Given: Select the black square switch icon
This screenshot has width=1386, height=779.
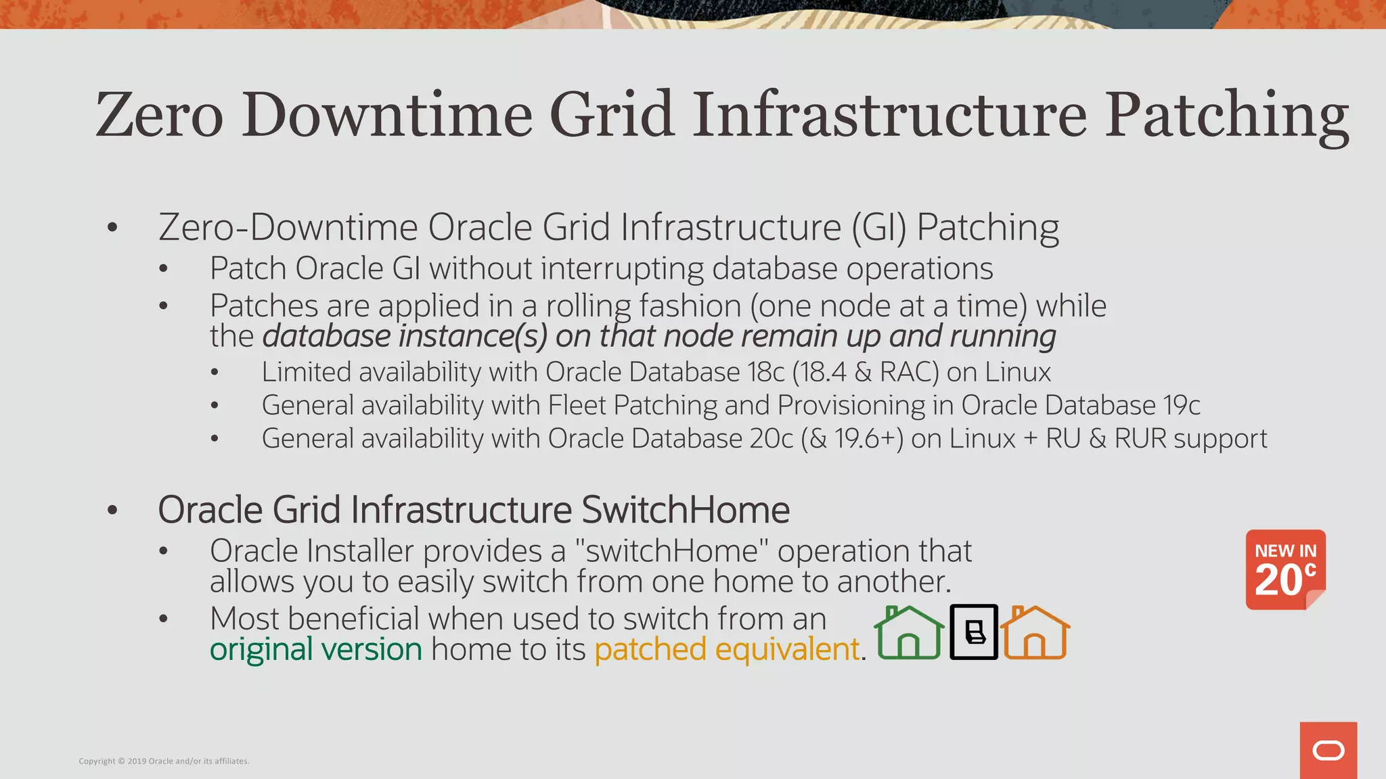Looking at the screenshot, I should (974, 632).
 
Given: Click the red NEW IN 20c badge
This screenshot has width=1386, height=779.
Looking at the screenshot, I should (1285, 569).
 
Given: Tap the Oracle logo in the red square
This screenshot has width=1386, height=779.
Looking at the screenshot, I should (1328, 751).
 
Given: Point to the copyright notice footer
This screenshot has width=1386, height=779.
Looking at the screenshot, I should (164, 761).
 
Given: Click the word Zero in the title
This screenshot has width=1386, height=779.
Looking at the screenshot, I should (160, 115).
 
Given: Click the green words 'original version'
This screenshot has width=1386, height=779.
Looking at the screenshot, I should (316, 649).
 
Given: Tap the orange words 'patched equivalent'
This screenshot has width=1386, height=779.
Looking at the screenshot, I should (727, 649).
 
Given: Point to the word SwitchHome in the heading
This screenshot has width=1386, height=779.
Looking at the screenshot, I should (686, 510).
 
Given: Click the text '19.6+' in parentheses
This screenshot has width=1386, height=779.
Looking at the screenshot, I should (868, 439).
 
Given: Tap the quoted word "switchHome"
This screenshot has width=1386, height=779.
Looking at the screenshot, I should (671, 551).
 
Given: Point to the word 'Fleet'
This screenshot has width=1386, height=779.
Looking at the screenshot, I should (577, 405).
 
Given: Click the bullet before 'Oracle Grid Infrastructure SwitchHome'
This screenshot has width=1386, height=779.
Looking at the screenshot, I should (113, 511).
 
